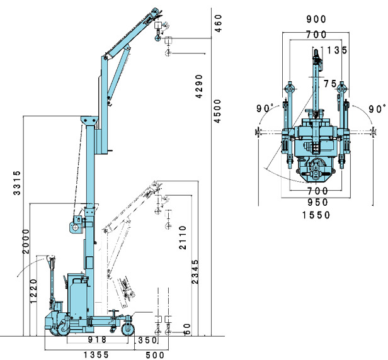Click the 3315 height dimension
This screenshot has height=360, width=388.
click(17, 183)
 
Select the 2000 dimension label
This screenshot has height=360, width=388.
click(26, 241)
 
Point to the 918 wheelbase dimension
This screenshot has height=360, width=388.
click(97, 340)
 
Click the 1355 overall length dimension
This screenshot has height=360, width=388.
click(96, 355)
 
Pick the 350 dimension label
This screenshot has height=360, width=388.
click(147, 340)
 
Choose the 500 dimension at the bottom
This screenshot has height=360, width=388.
click(155, 356)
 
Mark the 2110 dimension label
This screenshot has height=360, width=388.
click(183, 237)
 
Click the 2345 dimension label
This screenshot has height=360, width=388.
click(195, 271)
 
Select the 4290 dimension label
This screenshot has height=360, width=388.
click(199, 86)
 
